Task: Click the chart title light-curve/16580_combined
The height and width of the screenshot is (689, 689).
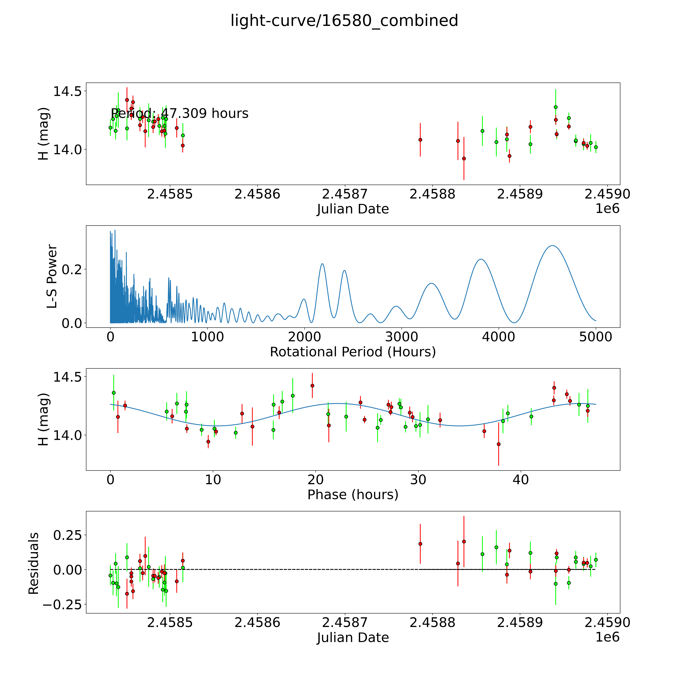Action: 344,21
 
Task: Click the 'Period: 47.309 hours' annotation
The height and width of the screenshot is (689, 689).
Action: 179,113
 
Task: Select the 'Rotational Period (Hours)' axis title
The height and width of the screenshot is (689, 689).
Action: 353,352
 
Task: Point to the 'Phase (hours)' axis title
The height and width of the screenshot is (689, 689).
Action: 353,495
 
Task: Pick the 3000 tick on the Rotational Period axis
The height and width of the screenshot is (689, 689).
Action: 402,337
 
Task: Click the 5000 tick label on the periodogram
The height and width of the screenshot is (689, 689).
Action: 596,337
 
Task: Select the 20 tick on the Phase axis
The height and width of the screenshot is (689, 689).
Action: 316,480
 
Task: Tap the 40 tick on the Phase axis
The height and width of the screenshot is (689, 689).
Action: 521,480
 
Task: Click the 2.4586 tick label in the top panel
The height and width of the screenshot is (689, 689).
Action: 257,194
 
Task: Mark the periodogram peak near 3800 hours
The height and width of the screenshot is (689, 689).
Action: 481,259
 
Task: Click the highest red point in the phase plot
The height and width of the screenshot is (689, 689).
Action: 312,385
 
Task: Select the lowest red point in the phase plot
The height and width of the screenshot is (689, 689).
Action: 499,444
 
